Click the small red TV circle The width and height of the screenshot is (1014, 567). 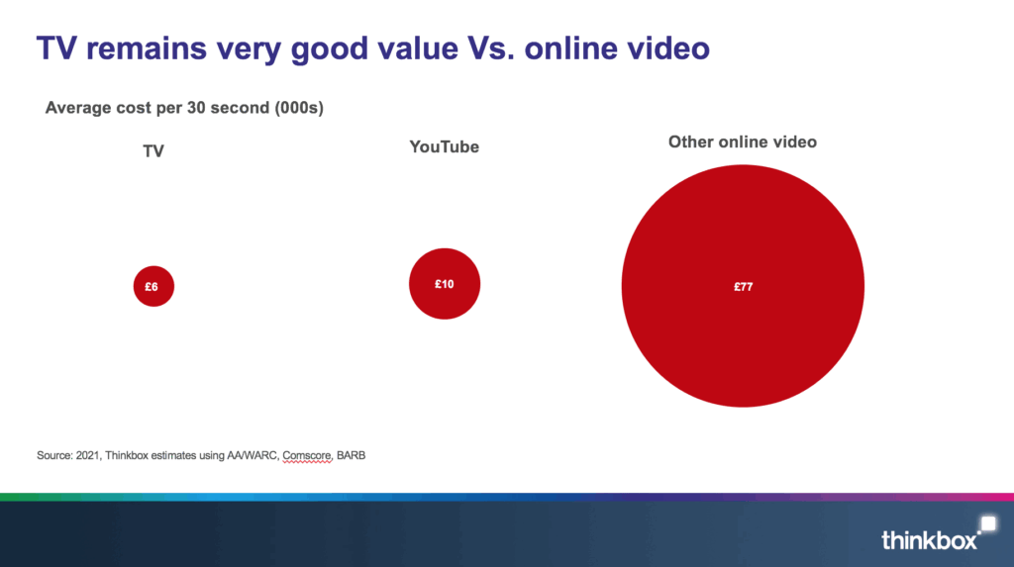(153, 286)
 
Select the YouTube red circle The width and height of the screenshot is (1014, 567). (445, 284)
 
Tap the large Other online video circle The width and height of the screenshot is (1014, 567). (743, 286)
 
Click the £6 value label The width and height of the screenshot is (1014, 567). (152, 286)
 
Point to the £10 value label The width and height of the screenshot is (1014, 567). (445, 284)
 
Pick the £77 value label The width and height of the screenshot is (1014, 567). (743, 286)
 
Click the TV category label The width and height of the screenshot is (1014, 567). (153, 151)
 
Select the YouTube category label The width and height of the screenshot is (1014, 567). (445, 146)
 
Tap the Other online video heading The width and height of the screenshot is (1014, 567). (743, 142)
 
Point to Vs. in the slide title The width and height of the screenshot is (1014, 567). (491, 48)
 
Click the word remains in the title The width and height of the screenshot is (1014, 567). (147, 48)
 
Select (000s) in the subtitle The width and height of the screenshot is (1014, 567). (299, 107)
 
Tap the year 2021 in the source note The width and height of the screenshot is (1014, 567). (88, 455)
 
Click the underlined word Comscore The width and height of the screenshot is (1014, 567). (307, 455)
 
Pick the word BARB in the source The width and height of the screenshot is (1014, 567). (352, 455)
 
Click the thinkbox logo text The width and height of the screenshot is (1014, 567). (929, 540)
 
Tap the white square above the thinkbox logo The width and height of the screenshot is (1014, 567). (988, 523)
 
